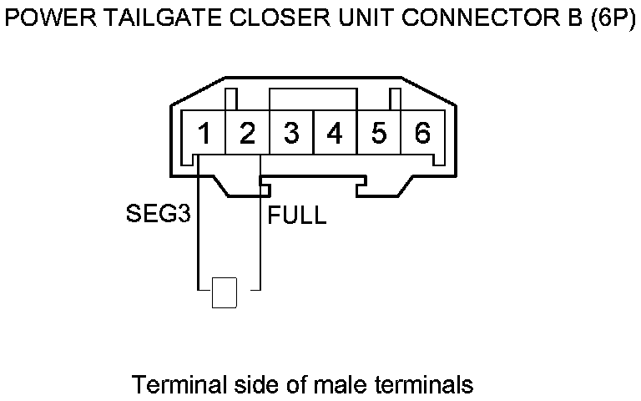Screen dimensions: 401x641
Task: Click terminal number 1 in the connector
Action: (x=204, y=133)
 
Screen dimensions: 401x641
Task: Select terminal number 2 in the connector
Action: (x=247, y=133)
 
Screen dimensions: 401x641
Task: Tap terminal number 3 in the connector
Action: (x=291, y=133)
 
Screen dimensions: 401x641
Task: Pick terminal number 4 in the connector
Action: (x=335, y=133)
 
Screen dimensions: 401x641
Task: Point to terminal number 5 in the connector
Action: (x=379, y=133)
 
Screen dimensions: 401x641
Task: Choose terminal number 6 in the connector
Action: (x=422, y=133)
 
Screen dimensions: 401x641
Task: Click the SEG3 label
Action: (x=158, y=215)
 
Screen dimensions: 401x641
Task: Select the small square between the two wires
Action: (x=225, y=292)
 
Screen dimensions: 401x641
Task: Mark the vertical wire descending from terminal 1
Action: (x=199, y=234)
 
